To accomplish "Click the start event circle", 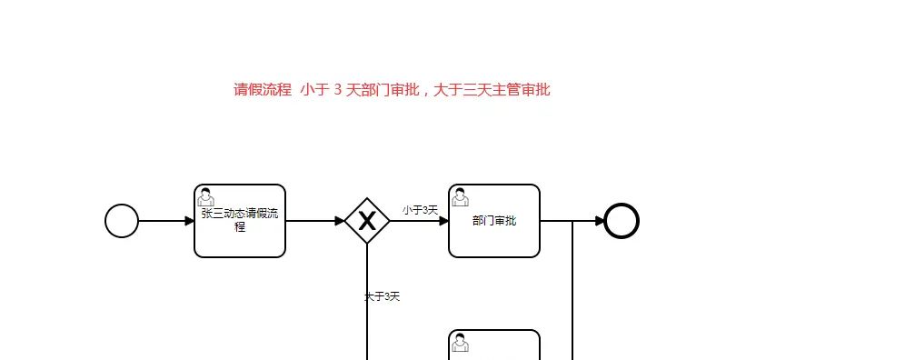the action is [x=122, y=221].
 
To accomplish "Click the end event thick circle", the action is [x=622, y=221].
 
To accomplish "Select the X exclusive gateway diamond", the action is [x=367, y=221].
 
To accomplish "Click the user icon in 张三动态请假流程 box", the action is [x=206, y=196].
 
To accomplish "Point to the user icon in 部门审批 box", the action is [x=461, y=196].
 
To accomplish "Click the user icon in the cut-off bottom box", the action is [x=461, y=342].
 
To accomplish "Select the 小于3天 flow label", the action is [x=420, y=210].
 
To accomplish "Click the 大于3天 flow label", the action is [x=382, y=296].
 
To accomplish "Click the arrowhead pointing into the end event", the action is [x=600, y=221].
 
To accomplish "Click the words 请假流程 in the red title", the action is [x=263, y=89].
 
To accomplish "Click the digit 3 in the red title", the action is [x=337, y=89].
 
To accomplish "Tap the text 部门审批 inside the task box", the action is [x=494, y=221].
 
